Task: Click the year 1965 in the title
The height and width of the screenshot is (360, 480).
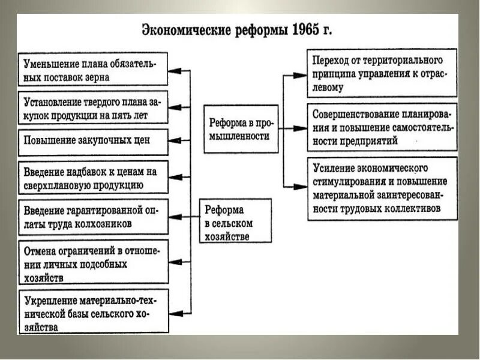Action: tap(308, 30)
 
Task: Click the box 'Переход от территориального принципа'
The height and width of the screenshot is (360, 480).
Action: tap(382, 74)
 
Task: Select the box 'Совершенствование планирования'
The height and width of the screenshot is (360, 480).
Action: tap(382, 127)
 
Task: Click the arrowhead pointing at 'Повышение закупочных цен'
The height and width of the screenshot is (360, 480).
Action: tap(173, 142)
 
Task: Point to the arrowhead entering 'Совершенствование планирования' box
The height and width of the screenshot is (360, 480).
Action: tap(301, 128)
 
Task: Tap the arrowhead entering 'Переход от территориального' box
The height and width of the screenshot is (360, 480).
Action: tap(301, 76)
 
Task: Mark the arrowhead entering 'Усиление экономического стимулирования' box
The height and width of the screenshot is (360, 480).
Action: tap(301, 187)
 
